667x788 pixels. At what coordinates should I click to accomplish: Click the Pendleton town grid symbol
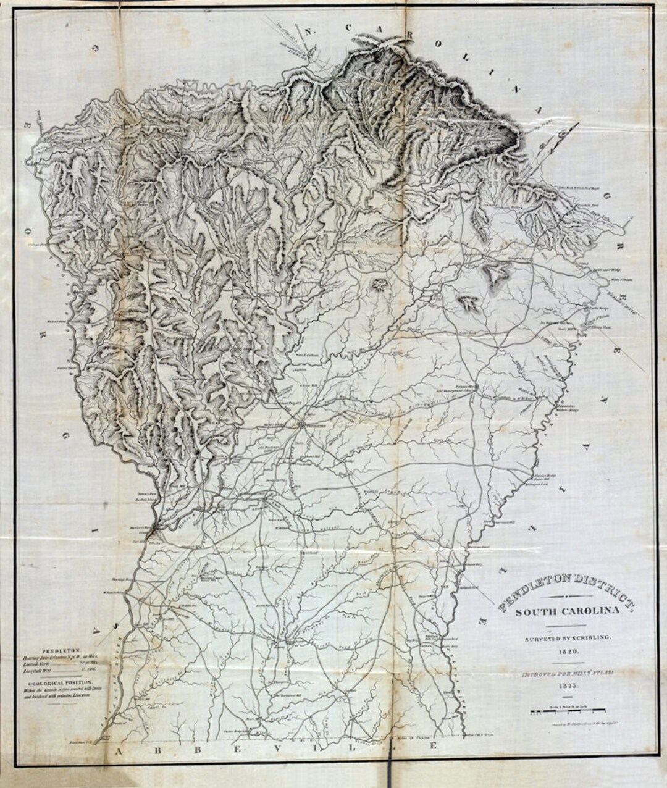point(301,425)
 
